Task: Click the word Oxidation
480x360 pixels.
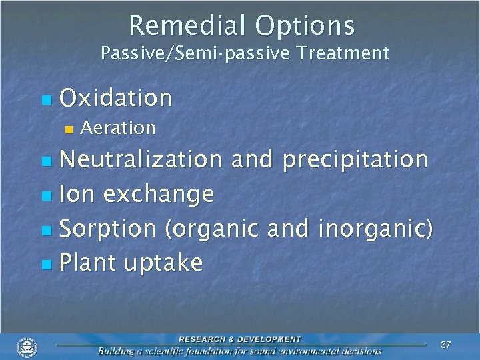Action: click(x=116, y=99)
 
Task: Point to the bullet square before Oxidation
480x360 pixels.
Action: click(x=45, y=100)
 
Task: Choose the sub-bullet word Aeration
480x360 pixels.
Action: click(x=117, y=127)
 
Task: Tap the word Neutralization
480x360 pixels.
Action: click(x=141, y=159)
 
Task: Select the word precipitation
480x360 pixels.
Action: click(x=355, y=159)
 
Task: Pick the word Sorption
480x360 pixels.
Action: click(x=107, y=229)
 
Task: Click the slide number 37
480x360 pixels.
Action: click(x=446, y=345)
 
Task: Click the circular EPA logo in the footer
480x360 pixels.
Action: click(x=27, y=347)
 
